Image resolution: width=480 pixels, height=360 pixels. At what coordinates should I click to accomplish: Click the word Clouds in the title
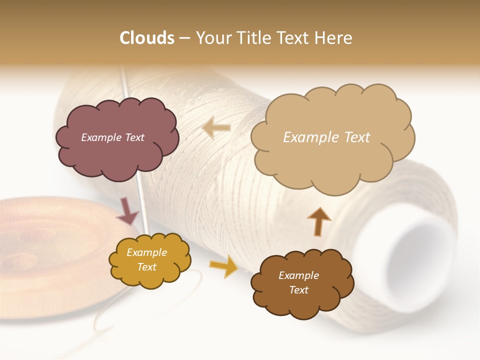tap(146, 38)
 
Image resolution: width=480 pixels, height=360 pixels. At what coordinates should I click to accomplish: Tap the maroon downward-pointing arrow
tap(128, 211)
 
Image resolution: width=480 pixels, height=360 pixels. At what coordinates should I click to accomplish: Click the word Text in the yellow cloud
tap(146, 267)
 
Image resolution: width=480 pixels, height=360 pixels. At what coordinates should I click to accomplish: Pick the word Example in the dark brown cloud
tap(298, 275)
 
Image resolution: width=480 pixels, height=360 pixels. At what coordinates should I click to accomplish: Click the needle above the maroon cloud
tap(124, 82)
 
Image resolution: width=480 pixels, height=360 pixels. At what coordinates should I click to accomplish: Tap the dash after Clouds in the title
tap(184, 38)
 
